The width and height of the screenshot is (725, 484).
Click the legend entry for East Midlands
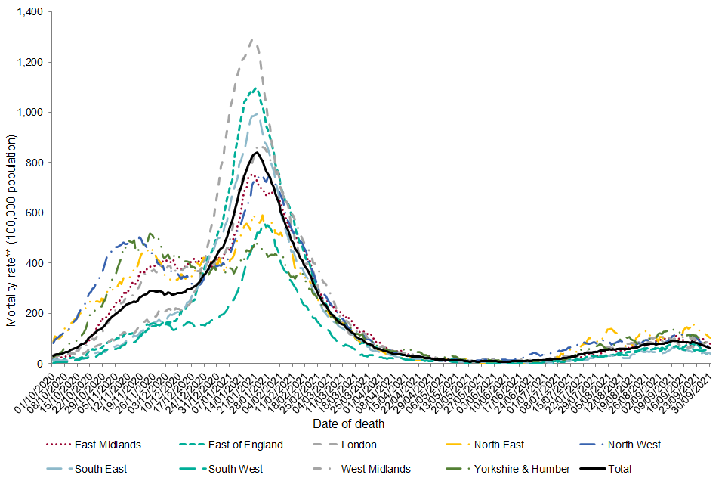point(106,445)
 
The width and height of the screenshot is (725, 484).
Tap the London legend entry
point(359,445)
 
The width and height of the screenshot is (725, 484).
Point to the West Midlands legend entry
point(375,469)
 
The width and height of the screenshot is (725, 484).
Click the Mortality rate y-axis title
point(11,231)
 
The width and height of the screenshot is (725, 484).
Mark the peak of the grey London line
point(251,39)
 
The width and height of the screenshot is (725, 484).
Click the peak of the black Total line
point(256,153)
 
